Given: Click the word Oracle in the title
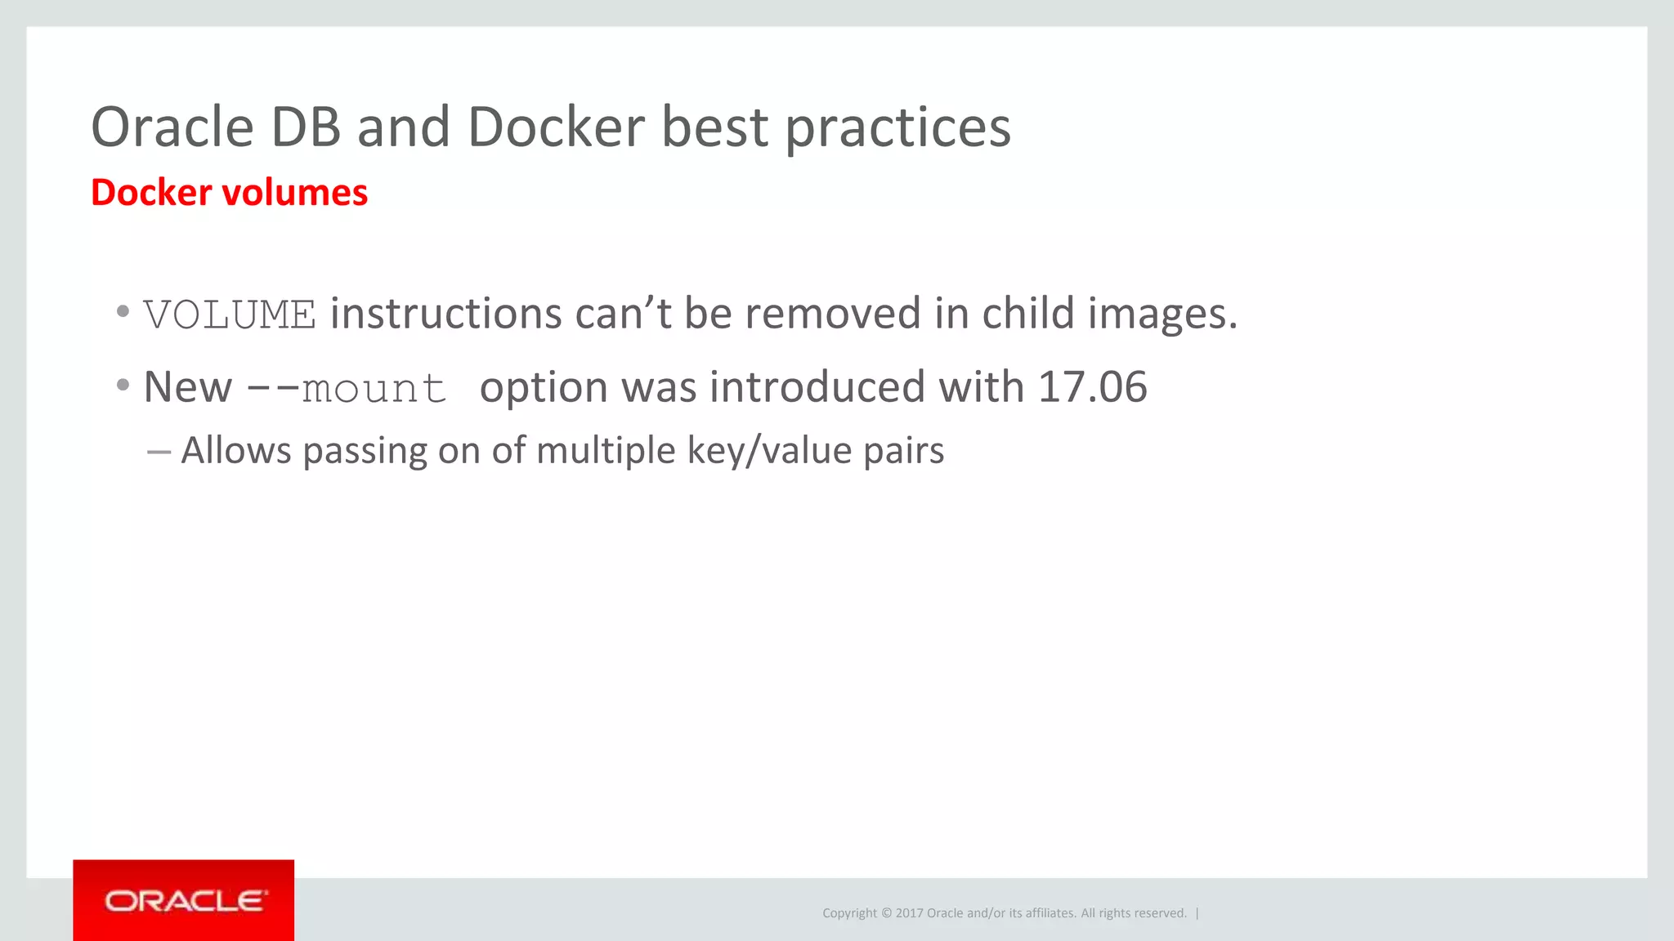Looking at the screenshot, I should pos(172,127).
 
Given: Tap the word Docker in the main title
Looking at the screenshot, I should pos(556,127).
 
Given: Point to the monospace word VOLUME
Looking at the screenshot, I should pos(230,315).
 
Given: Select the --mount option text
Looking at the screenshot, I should pos(347,388).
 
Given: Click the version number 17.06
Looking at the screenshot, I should pos(1092,387).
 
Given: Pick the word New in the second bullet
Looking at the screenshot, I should pos(187,387).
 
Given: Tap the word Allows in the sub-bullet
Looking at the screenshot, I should pos(235,451).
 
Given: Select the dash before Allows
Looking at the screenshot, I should pos(159,452).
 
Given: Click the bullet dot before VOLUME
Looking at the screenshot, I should pos(123,311).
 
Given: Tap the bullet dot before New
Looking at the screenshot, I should pos(123,384).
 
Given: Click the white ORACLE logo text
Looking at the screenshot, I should pos(185,901).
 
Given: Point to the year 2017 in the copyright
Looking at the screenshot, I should pos(909,913).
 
